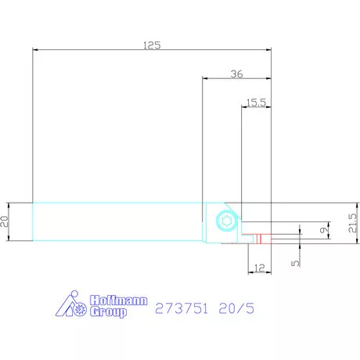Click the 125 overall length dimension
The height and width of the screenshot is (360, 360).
click(x=152, y=45)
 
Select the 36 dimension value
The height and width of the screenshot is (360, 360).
click(x=237, y=74)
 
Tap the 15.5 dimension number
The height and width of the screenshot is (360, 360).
click(x=256, y=103)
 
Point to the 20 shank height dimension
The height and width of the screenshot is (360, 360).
click(x=5, y=221)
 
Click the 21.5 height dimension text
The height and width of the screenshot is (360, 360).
click(x=352, y=223)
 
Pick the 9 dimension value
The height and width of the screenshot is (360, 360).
click(x=324, y=230)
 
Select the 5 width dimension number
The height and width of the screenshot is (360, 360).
click(x=295, y=263)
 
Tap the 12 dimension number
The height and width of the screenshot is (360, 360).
click(x=259, y=268)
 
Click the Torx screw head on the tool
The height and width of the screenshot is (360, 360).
click(x=226, y=221)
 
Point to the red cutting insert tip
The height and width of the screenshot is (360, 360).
click(x=263, y=239)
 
